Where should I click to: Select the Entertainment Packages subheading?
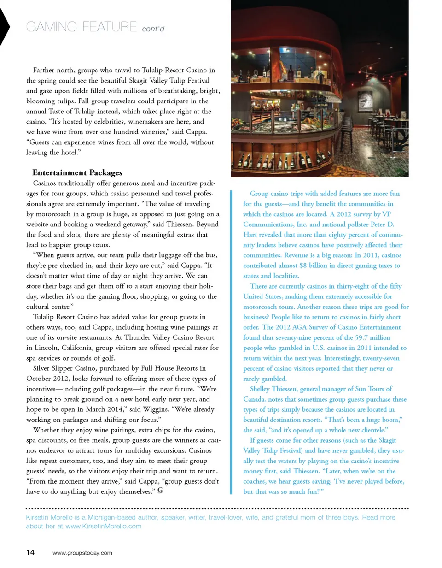pyautogui.click(x=77, y=173)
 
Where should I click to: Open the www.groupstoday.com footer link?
pyautogui.click(x=82, y=552)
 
